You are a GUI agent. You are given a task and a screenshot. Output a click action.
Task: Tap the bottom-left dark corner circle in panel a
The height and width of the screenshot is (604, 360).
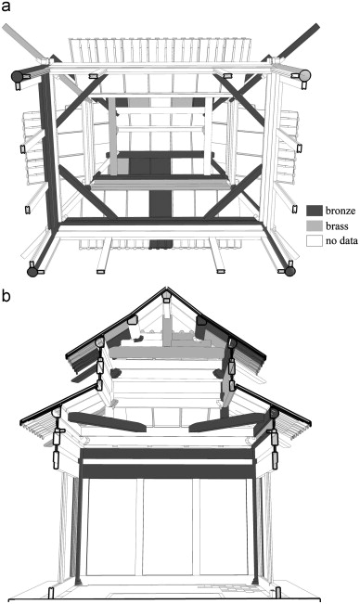tap(33, 272)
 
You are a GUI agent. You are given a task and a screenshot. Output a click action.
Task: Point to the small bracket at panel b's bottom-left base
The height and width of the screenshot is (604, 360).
tap(51, 593)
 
